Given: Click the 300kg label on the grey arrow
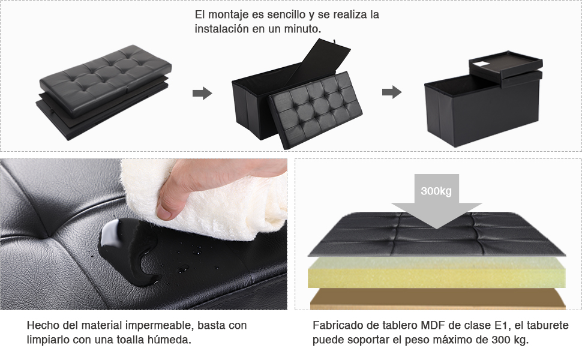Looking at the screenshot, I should (x=436, y=191).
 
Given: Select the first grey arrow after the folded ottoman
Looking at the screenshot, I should (x=202, y=93).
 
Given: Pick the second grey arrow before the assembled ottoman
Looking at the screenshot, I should (x=392, y=92).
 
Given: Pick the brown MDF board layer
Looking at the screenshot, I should (x=437, y=298).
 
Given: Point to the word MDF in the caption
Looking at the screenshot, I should (x=433, y=326).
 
